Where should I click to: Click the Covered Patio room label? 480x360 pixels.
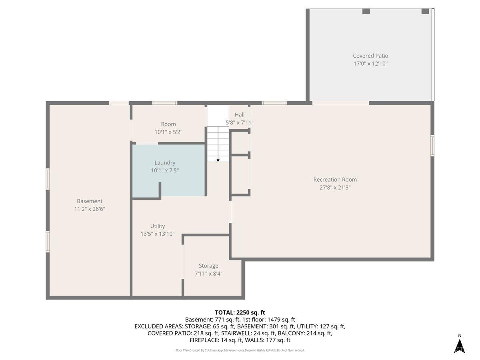pyautogui.click(x=370, y=56)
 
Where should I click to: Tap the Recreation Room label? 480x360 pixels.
pyautogui.click(x=335, y=180)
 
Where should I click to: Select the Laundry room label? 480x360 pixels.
pyautogui.click(x=165, y=163)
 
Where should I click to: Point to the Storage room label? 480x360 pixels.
pyautogui.click(x=208, y=266)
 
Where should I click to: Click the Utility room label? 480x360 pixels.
pyautogui.click(x=158, y=226)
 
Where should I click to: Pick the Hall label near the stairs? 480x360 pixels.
pyautogui.click(x=240, y=114)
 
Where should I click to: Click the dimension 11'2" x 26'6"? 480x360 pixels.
pyautogui.click(x=90, y=209)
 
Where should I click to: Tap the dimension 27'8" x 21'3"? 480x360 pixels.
pyautogui.click(x=335, y=187)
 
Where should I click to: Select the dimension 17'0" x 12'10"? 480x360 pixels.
pyautogui.click(x=370, y=64)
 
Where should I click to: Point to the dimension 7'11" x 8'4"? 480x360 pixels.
pyautogui.click(x=208, y=274)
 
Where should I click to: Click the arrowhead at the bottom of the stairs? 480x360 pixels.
pyautogui.click(x=218, y=160)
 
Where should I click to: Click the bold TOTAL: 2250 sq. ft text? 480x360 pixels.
pyautogui.click(x=240, y=312)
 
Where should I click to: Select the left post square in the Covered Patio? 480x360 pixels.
pyautogui.click(x=366, y=11)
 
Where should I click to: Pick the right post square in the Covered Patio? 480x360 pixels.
pyautogui.click(x=425, y=11)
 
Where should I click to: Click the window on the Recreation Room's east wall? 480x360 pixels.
pyautogui.click(x=432, y=146)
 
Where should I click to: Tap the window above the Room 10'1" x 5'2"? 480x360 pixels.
pyautogui.click(x=165, y=103)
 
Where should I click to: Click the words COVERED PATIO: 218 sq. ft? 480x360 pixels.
pyautogui.click(x=183, y=333)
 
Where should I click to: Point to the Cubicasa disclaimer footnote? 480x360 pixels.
pyautogui.click(x=240, y=350)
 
